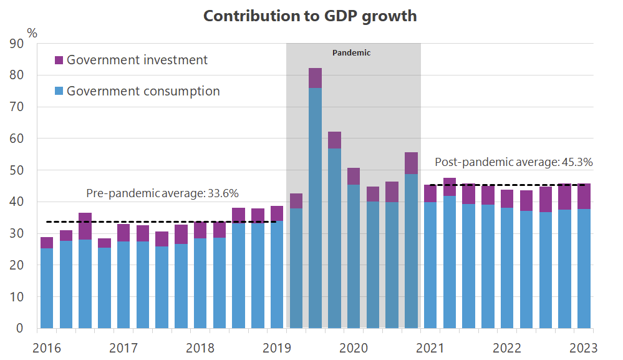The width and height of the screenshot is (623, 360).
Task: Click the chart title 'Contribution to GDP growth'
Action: (310, 16)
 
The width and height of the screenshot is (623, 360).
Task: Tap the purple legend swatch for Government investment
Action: (59, 61)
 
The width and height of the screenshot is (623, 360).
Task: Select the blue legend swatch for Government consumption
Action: (59, 92)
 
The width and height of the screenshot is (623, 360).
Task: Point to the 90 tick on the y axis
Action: (16, 44)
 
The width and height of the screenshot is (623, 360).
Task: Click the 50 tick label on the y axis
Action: (16, 170)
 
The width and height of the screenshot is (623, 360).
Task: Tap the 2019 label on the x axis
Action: (276, 348)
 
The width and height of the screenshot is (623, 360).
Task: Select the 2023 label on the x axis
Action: (583, 348)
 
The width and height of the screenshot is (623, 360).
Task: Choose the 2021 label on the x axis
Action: (430, 348)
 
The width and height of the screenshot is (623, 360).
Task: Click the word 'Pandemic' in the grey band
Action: (351, 53)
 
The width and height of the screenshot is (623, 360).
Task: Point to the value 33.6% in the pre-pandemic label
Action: (223, 193)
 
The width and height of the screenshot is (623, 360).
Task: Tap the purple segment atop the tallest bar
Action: (315, 78)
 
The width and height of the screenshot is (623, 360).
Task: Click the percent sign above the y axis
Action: (32, 31)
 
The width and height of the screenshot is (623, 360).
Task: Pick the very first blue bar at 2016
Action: (46, 288)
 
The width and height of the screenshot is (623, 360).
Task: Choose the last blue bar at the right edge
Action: (584, 268)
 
